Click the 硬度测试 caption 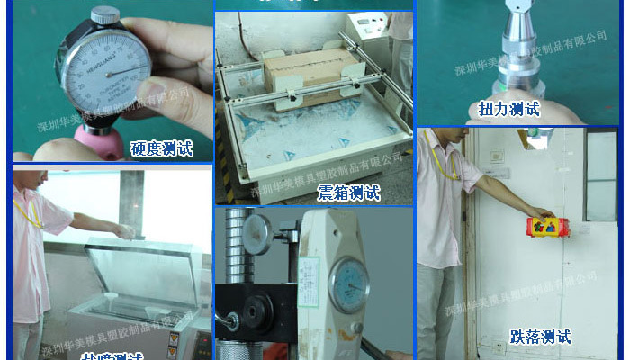click(161, 148)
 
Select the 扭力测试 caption click(509, 109)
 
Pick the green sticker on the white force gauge click(309, 269)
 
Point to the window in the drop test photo click(600, 175)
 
